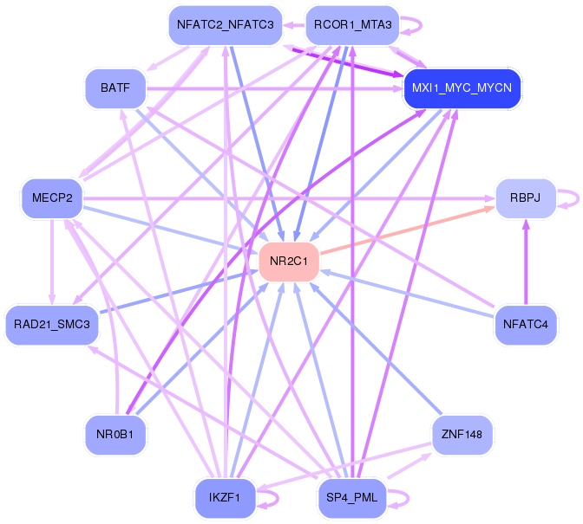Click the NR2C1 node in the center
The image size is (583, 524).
coord(290,261)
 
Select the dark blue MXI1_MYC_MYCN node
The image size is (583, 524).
coord(462,88)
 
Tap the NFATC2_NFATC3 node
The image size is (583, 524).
coord(225,25)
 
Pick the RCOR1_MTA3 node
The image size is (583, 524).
coord(351,25)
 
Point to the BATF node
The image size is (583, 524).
coord(115,88)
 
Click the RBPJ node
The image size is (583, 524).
coord(525,198)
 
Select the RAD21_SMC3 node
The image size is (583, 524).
coord(52,324)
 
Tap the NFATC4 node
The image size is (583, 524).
coord(525,324)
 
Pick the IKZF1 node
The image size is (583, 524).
coord(225,497)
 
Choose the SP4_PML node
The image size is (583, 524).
coord(351,497)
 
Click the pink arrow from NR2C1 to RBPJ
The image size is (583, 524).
coord(408,229)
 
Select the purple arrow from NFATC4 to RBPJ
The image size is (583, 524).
coord(525,264)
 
